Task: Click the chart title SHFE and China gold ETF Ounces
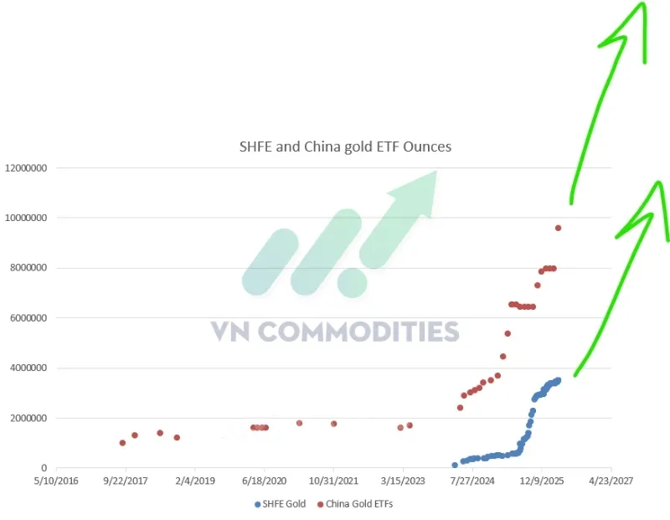pos(346,147)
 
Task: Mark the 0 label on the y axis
pos(45,468)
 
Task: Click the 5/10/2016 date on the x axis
pos(56,482)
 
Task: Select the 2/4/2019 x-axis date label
pos(195,482)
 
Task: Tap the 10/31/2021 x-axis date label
pos(333,482)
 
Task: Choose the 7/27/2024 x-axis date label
pos(472,482)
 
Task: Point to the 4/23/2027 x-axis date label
pos(611,482)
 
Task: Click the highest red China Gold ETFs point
pos(559,228)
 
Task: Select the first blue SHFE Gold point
pos(455,465)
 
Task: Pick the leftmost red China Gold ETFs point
pos(122,443)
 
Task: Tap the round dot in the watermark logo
pos(352,282)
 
